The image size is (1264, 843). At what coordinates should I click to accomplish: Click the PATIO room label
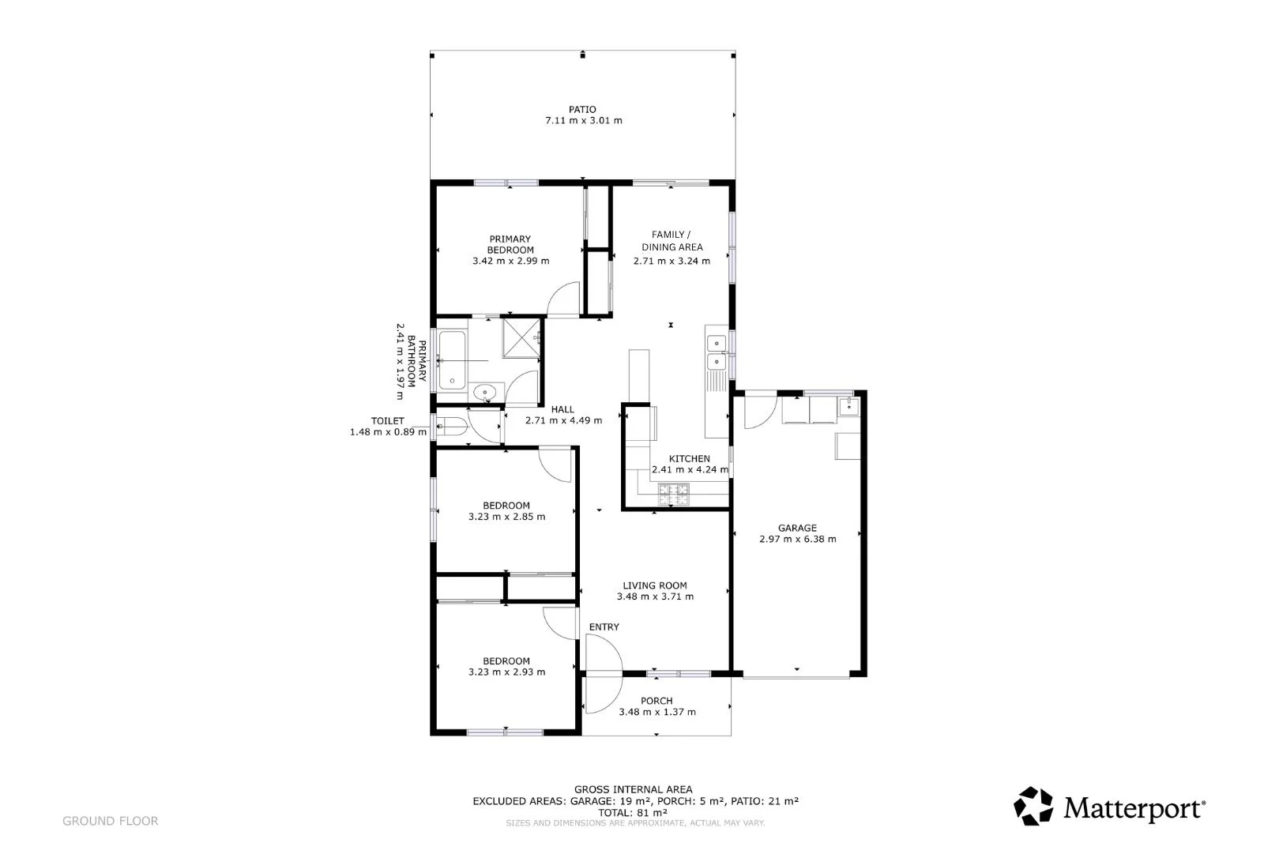click(582, 110)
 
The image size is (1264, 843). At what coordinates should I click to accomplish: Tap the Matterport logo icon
click(1033, 806)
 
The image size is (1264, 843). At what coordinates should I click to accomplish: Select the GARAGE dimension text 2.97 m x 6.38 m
click(797, 539)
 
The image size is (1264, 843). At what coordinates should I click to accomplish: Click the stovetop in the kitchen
click(673, 495)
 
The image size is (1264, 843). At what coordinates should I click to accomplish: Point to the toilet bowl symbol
click(451, 426)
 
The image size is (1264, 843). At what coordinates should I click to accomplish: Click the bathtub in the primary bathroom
click(452, 360)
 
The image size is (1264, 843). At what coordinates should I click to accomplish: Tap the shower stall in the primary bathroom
click(522, 337)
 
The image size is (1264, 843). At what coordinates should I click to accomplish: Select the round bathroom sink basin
click(484, 392)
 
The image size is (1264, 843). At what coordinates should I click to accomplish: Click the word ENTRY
click(604, 627)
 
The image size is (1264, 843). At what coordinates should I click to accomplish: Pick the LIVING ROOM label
click(655, 585)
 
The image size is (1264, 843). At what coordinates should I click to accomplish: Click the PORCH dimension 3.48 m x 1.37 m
click(656, 712)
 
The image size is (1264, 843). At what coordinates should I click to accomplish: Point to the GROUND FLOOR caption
click(110, 821)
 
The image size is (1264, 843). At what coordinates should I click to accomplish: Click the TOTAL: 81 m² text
click(633, 812)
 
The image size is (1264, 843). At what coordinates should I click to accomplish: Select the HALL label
click(562, 410)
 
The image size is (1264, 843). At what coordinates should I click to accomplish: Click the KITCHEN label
click(689, 459)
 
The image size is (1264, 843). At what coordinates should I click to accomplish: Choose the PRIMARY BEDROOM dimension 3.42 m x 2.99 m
click(510, 261)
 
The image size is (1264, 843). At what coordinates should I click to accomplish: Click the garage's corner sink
click(848, 406)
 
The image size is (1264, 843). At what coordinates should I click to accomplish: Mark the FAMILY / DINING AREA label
click(671, 241)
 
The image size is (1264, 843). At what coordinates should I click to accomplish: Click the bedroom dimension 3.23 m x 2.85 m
click(506, 516)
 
